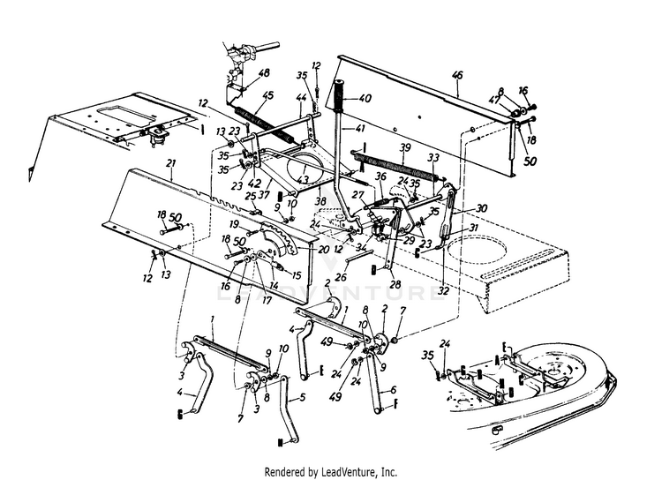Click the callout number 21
coord(170,164)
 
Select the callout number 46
coord(456,78)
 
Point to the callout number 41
coord(361,129)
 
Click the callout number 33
coord(433,158)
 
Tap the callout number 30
coord(481,208)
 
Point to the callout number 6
coord(393,390)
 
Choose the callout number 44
coord(300,96)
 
